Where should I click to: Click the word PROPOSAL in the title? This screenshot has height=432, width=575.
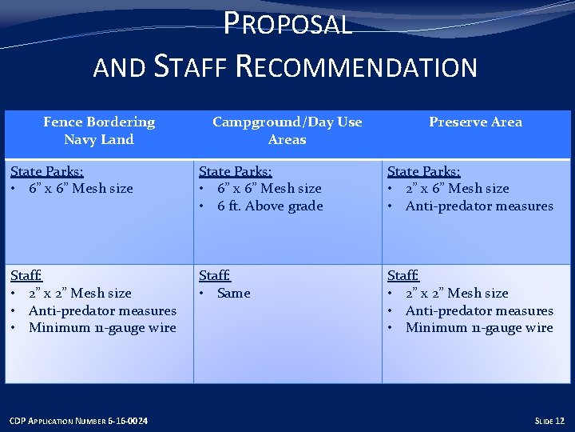[287, 24]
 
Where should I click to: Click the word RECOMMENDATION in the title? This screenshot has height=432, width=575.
[357, 66]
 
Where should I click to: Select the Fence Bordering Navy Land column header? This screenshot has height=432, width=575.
[99, 130]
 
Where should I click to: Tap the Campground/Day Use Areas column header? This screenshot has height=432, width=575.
[287, 130]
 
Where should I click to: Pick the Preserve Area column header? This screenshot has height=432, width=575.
[475, 122]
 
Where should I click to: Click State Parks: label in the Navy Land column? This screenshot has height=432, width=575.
[47, 171]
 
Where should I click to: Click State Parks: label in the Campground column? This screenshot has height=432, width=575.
[236, 171]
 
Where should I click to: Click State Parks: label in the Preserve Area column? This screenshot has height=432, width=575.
[424, 171]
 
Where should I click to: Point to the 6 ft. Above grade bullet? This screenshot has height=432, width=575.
[270, 206]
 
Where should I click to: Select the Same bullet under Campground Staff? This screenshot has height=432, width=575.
[233, 293]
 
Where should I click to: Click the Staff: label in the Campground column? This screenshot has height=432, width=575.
[215, 275]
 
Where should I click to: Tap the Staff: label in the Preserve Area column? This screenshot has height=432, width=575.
[403, 275]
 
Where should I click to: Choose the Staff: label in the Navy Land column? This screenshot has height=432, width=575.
[26, 275]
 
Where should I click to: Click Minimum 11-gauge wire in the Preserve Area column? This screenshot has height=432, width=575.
[479, 327]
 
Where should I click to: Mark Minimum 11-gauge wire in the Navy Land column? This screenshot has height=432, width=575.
[102, 327]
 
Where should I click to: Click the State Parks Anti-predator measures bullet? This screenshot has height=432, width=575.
[479, 206]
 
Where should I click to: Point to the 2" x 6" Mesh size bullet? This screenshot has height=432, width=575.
[457, 188]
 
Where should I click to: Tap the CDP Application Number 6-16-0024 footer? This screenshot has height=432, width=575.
[78, 421]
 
